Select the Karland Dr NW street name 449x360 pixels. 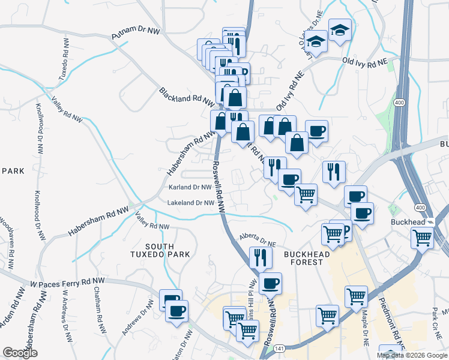click(190, 187)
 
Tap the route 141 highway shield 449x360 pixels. click(278, 348)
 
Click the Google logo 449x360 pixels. click(20, 353)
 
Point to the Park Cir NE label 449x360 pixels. click(435, 322)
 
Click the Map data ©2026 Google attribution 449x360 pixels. click(412, 355)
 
